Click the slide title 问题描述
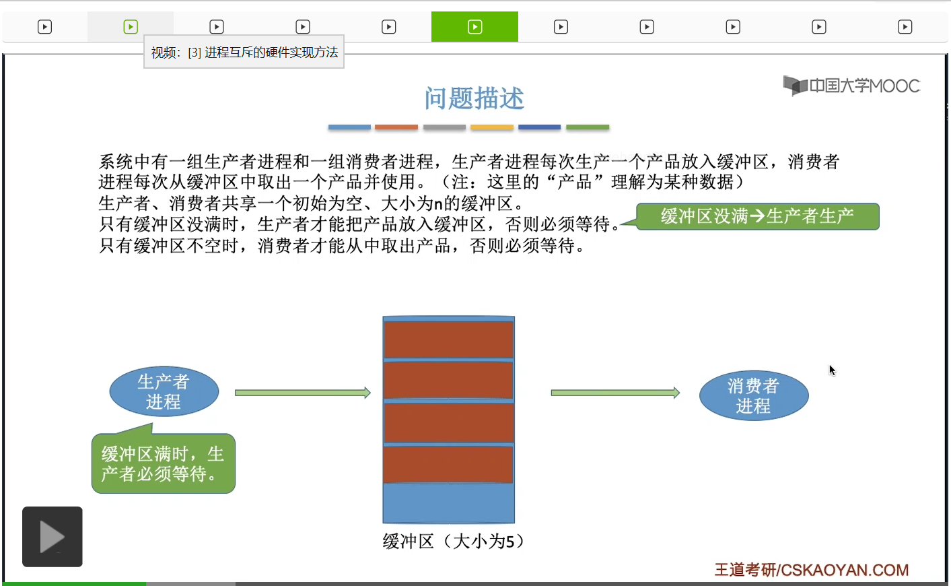474,98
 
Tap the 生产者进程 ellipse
164,391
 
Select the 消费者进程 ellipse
753,395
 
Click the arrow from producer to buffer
302,393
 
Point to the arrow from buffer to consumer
614,393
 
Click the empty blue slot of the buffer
448,503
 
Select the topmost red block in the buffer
448,339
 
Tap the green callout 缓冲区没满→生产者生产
757,216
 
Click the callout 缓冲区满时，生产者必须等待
164,463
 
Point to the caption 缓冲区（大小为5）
453,541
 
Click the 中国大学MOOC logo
851,86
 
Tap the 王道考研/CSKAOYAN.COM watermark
811,570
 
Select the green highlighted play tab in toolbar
474,27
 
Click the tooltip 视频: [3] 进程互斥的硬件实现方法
244,52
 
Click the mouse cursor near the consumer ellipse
832,370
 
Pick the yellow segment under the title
491,127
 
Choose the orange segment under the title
396,127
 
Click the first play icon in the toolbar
44,27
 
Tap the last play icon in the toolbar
905,27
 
